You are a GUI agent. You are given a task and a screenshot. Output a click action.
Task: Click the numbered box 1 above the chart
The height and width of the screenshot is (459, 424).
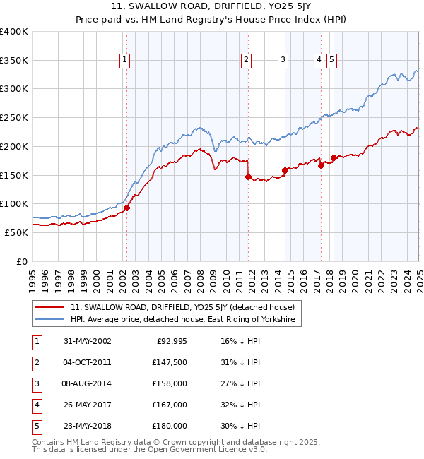124,61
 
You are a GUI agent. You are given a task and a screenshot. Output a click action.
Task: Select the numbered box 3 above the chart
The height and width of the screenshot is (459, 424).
282,61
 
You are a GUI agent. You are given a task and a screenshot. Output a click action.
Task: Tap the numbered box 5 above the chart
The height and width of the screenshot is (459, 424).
331,61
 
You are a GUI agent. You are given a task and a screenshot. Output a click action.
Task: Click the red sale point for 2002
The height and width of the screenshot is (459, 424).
127,208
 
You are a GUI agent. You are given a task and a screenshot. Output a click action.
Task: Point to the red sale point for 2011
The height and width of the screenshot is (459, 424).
248,177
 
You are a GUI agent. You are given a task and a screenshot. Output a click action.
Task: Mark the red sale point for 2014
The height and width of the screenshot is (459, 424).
285,170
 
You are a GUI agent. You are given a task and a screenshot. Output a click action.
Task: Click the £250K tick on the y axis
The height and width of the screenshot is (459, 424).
14,117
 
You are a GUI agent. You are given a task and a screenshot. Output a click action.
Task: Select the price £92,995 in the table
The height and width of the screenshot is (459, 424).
171,341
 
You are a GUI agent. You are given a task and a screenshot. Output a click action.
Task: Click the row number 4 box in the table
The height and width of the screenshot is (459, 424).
37,405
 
